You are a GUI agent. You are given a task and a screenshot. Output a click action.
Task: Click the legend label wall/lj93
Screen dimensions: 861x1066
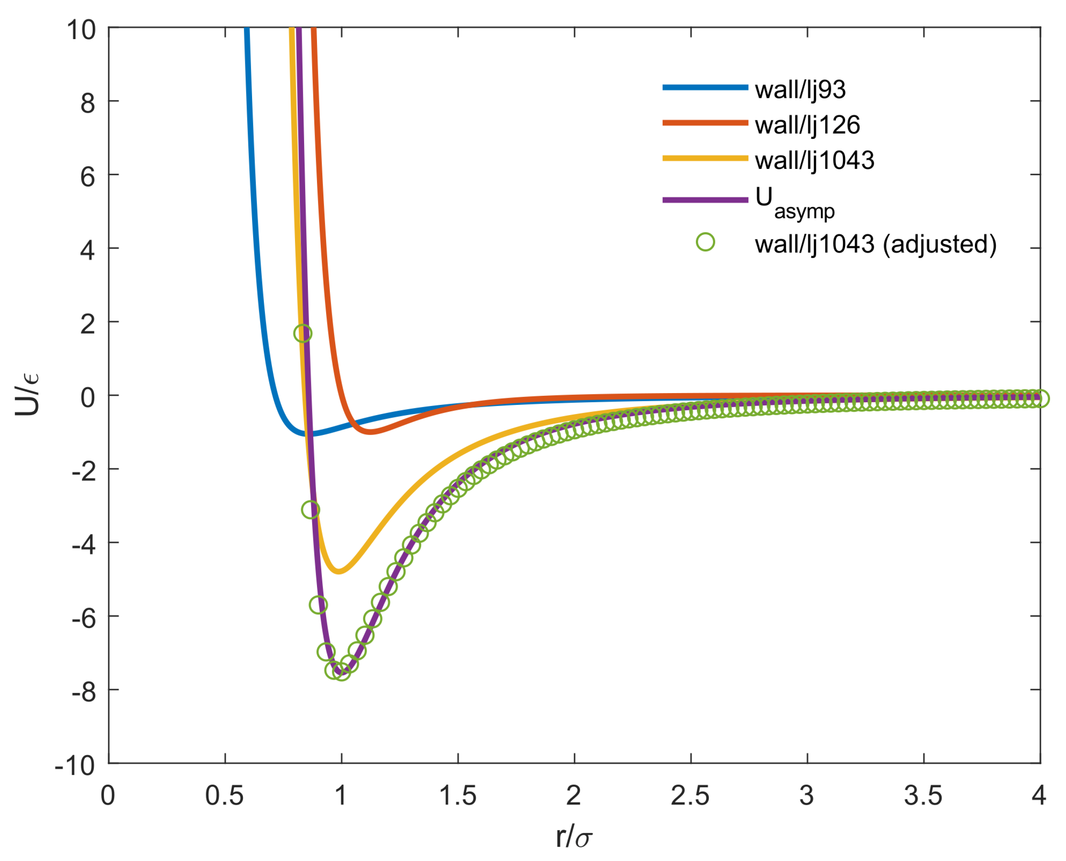tap(799, 90)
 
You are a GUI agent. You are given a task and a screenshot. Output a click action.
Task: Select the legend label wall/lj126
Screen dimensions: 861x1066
tap(807, 125)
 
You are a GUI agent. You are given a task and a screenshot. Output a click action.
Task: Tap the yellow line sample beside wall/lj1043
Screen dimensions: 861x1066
tap(705, 158)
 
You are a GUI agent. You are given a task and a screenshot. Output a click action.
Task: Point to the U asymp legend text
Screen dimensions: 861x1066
tap(794, 202)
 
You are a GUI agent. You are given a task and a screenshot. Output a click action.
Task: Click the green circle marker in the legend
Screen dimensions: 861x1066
tap(705, 242)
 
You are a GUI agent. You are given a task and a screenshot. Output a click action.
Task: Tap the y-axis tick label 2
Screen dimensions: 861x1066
tap(87, 324)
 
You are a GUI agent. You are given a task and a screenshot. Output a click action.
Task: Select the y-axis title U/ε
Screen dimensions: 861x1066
tap(28, 395)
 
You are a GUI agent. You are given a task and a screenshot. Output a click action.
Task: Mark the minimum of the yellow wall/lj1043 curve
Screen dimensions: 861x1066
tap(338, 571)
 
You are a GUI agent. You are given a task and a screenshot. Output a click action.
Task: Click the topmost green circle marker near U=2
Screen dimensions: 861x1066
tap(303, 333)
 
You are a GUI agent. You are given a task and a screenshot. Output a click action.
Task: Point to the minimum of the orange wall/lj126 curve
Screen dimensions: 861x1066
tap(371, 431)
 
